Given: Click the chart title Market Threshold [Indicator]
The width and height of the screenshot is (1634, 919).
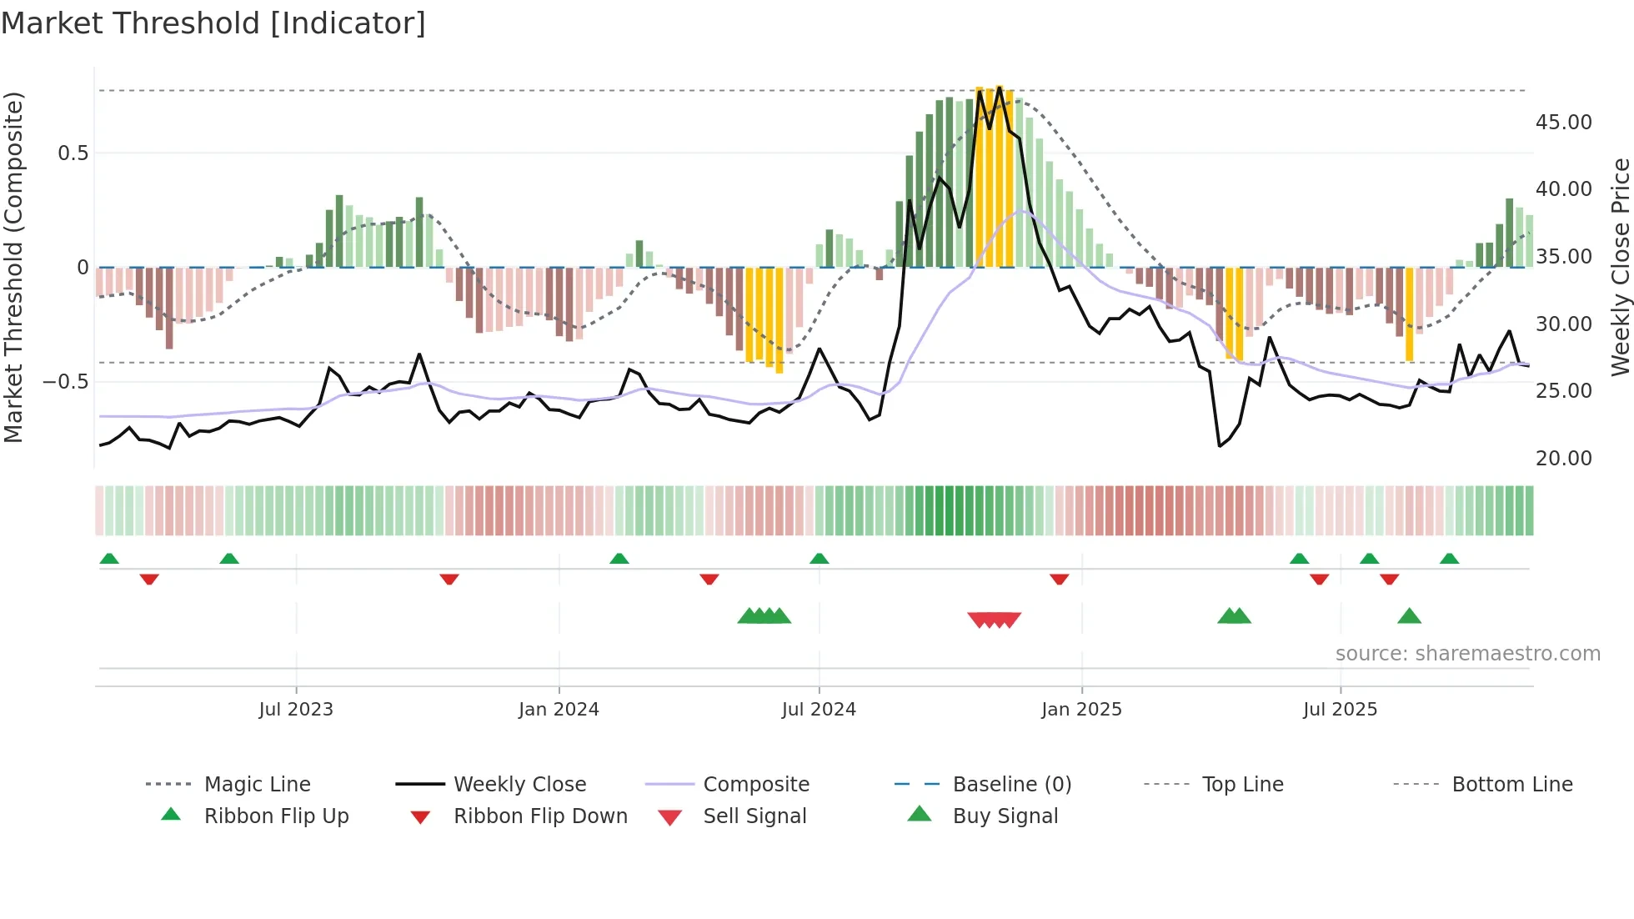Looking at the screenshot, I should (213, 23).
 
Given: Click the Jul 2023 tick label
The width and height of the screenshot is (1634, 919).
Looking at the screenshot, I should (296, 710).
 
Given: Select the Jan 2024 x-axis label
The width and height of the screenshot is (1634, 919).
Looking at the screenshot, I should (559, 710).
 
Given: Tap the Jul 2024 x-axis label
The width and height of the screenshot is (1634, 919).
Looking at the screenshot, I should (819, 710).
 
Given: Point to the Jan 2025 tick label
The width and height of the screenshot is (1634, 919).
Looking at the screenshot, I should (1081, 710).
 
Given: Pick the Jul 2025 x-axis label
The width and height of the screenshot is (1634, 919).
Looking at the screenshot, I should (1340, 710).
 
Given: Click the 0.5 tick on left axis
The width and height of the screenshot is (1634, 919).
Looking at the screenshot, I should (73, 153).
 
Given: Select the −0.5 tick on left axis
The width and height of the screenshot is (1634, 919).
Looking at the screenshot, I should (65, 382).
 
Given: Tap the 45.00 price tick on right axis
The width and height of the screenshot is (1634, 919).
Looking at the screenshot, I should (1563, 123).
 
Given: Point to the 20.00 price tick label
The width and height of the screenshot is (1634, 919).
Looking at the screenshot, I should (1563, 459).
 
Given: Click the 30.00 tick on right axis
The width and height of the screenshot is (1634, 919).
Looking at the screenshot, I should (1563, 324).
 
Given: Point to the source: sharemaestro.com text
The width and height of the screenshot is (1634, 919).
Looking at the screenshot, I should (1467, 654).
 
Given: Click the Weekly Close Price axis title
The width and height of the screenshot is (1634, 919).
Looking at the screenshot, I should (1620, 267).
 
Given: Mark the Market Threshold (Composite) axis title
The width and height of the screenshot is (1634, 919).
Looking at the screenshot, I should (13, 267).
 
